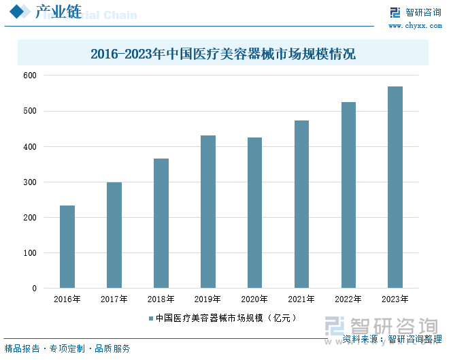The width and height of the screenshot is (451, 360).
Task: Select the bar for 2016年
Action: click(x=67, y=247)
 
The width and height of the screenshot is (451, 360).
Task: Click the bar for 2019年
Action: click(x=208, y=212)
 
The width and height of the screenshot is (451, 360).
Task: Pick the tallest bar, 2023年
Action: click(x=395, y=187)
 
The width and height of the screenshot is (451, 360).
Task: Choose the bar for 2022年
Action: click(x=348, y=195)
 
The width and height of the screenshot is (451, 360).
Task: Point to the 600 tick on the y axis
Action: click(x=30, y=76)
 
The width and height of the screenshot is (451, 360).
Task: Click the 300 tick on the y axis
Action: click(x=30, y=182)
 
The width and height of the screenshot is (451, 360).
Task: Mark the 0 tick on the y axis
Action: click(x=34, y=289)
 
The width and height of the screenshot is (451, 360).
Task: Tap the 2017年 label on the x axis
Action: click(x=114, y=299)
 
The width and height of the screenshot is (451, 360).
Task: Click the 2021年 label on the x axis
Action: click(x=301, y=299)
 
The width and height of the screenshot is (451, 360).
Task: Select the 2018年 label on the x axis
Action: click(x=161, y=299)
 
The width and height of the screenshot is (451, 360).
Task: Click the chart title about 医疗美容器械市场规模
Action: click(x=223, y=54)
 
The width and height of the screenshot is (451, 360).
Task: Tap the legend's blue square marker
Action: click(x=151, y=318)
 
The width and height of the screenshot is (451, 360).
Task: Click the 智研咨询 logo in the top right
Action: click(x=414, y=12)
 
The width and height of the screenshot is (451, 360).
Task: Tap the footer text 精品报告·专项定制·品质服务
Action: click(x=67, y=348)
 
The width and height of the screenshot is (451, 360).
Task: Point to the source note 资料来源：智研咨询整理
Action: click(x=392, y=339)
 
